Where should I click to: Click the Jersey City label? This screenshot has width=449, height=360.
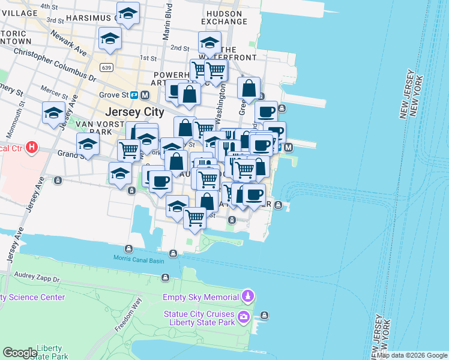pyautogui.click(x=134, y=112)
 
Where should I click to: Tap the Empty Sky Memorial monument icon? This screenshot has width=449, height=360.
pyautogui.click(x=247, y=296)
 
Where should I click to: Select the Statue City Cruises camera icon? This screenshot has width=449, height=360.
pyautogui.click(x=244, y=316)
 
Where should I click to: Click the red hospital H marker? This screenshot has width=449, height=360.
pyautogui.click(x=32, y=146)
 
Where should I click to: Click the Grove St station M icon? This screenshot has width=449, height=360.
pyautogui.click(x=145, y=95)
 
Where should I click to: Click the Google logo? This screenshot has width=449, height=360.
pyautogui.click(x=20, y=353)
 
